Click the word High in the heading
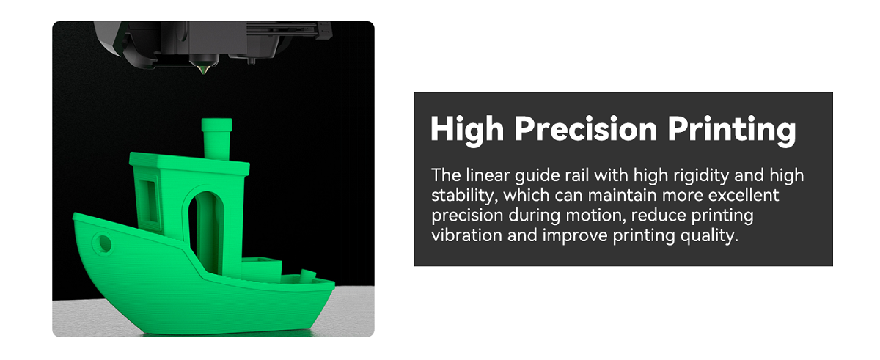[x=467, y=130]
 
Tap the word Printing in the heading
[x=731, y=130]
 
